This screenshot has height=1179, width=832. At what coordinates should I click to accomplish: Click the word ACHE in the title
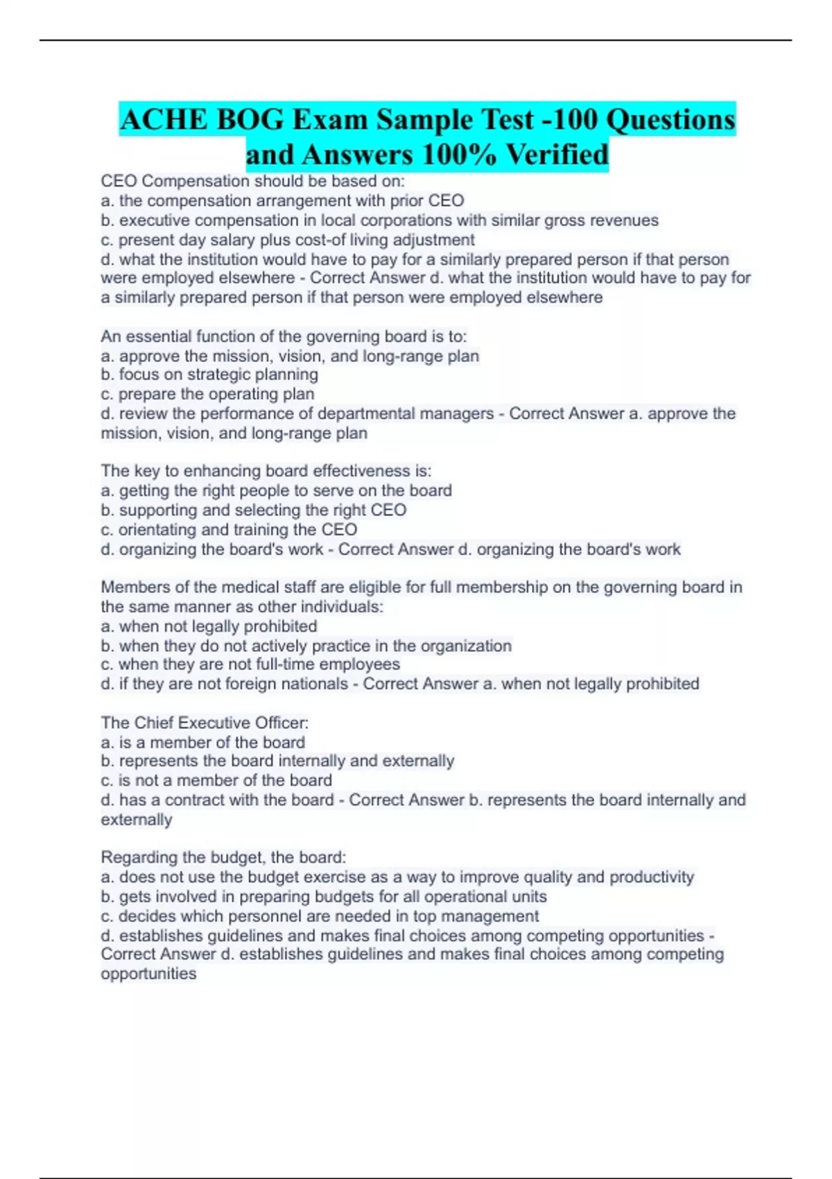pos(164,120)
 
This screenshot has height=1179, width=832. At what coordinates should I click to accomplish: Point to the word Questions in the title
pos(670,120)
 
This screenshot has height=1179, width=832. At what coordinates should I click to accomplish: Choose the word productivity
pos(652,877)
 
